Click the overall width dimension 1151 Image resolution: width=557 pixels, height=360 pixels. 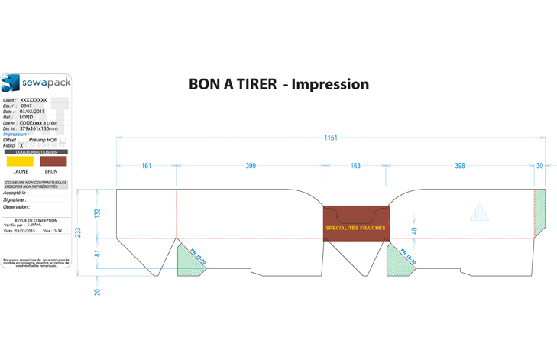point(330,138)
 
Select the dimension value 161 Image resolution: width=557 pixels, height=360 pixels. point(146,166)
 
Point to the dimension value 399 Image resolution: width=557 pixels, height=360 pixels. point(251,166)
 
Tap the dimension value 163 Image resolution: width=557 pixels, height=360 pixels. point(355,166)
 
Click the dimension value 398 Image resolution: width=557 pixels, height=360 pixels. point(459,166)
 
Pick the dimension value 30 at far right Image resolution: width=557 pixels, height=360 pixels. point(539,166)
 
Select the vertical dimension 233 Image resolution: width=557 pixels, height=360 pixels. point(77,232)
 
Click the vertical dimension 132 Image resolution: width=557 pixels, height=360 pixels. point(97,213)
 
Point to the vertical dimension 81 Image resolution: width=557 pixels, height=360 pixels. point(97,253)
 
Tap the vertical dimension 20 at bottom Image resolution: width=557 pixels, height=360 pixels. point(97,291)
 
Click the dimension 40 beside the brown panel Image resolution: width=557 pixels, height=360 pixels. point(414,230)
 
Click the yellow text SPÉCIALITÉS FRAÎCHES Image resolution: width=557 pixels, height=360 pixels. point(355,228)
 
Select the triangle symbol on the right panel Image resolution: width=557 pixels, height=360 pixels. point(479,212)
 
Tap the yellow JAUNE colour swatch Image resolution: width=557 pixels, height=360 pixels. point(20,161)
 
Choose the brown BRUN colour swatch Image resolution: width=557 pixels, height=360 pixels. point(53,161)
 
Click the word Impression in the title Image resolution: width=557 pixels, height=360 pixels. point(330,84)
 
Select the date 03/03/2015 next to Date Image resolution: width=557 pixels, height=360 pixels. point(33,112)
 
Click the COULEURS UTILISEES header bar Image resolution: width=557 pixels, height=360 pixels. point(36,152)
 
